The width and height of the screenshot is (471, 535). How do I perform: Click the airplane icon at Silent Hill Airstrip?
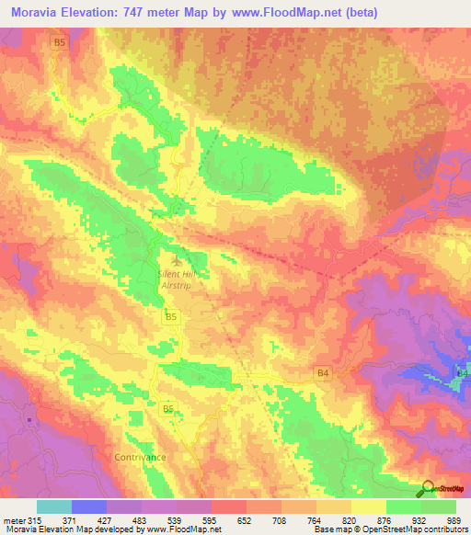click(x=176, y=255)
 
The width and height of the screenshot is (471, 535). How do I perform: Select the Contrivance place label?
click(x=140, y=457)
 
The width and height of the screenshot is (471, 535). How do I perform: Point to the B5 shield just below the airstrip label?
click(x=170, y=318)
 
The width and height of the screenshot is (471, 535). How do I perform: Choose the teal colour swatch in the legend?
click(x=54, y=507)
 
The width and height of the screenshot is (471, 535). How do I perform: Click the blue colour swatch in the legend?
click(x=89, y=507)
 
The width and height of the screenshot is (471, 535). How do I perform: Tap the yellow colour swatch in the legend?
click(x=369, y=507)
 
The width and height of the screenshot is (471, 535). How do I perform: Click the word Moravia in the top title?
click(x=38, y=14)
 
